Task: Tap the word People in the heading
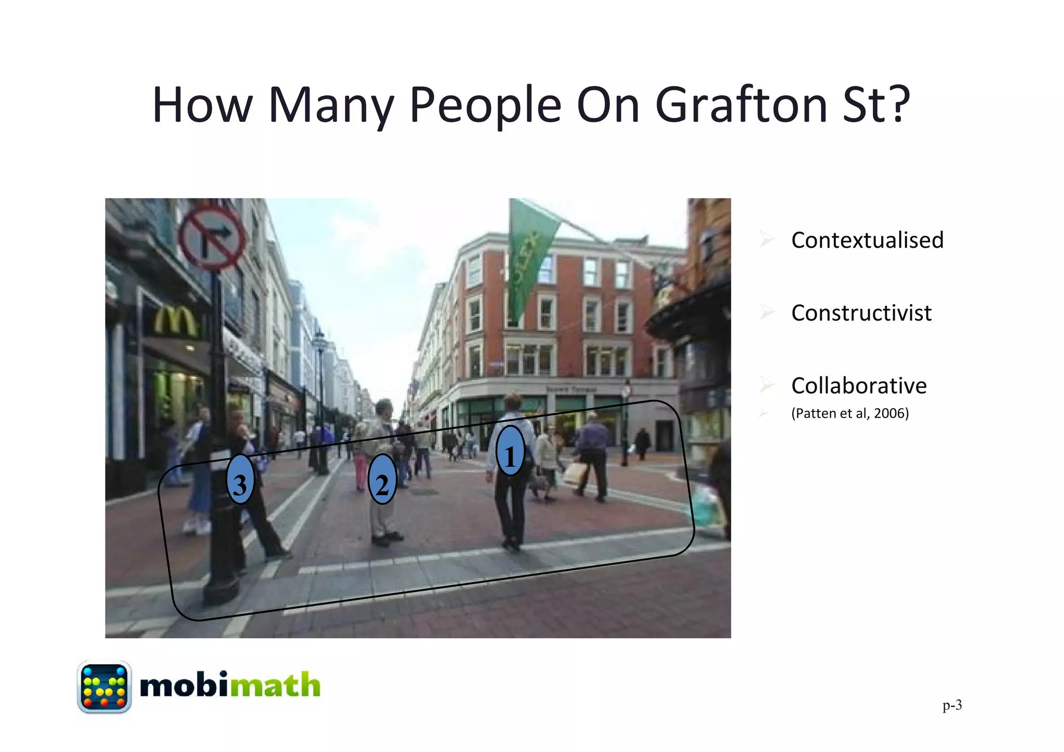coord(485,106)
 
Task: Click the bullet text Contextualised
coord(867,240)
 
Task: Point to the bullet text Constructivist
coord(861,313)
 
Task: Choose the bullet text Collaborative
coord(859,385)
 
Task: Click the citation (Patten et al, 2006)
coord(850,413)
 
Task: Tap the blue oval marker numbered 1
coord(510,451)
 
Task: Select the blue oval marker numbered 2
coord(382,479)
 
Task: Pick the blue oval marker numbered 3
coord(240,479)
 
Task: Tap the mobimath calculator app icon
coord(104,687)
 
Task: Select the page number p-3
coord(952,705)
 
